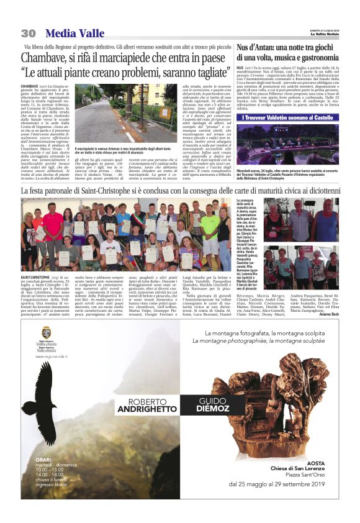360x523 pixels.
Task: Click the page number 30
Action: pyautogui.click(x=28, y=33)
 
